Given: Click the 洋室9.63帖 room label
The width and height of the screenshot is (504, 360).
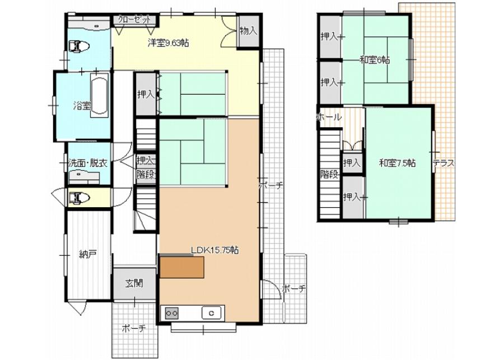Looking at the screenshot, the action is pos(168,43).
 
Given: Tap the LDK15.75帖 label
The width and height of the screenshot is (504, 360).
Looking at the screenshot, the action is pos(214,250).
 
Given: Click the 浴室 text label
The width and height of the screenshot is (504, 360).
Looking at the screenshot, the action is pos(82,105).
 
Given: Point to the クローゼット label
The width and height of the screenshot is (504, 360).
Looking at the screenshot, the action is pos(134,19).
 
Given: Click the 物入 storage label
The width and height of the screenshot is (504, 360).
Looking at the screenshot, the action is pos(249,31).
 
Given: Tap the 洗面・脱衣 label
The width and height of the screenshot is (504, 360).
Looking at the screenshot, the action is pos(88,163).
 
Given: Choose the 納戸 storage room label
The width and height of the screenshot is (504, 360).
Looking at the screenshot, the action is pos(88,255).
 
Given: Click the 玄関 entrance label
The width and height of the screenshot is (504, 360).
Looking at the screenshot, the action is pos(134,283).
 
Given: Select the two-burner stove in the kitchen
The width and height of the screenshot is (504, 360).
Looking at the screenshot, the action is pos(172,313).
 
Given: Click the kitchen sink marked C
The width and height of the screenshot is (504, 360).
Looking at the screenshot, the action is pos(212,313).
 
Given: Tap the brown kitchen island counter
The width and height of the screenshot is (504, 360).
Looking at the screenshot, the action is pos(182,268).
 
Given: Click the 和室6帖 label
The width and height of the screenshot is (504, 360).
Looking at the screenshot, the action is pos(375,60).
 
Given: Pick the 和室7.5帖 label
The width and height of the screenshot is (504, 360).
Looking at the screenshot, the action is pos(397,163).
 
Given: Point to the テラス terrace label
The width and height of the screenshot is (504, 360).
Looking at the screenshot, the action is pos(444,163).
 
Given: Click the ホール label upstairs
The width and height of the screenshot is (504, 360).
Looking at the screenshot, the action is pos(329,118).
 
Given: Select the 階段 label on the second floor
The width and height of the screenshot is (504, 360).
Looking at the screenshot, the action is pos(329,175).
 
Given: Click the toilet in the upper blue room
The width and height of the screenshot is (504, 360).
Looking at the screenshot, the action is pos(78,46).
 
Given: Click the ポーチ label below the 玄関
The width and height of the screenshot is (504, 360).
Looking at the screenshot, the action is pos(134,328).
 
